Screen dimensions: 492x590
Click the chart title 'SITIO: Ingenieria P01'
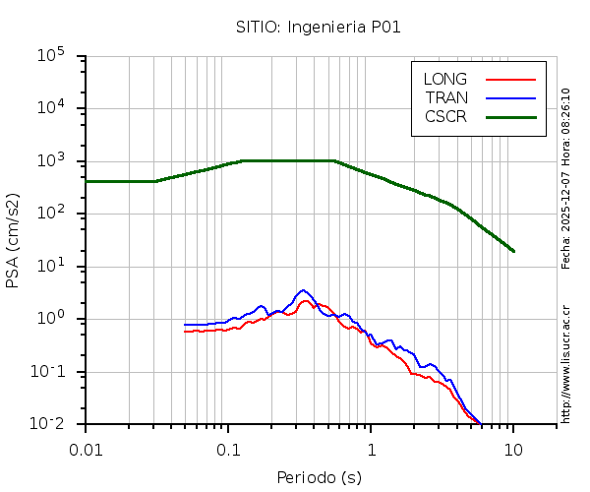[319, 27]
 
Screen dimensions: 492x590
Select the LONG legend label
[445, 79]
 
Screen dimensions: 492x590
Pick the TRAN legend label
[446, 97]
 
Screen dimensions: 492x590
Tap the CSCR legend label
[445, 116]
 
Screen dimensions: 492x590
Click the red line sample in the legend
[509, 79]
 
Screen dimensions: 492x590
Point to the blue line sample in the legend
[509, 97]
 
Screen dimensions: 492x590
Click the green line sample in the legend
[509, 116]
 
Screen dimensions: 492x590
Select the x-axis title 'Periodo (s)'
[319, 477]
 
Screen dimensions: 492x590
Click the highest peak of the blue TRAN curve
[303, 290]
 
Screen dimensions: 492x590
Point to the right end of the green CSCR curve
[513, 251]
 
